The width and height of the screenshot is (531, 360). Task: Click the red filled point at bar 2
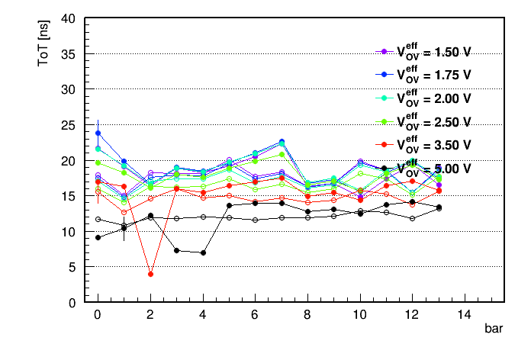click(151, 274)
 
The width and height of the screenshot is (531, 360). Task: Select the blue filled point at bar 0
click(98, 133)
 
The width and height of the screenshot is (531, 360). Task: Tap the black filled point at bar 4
click(203, 252)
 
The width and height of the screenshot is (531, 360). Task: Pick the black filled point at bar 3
click(176, 250)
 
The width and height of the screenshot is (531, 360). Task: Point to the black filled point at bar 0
click(98, 237)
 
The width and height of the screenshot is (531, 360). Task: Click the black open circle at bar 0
click(98, 219)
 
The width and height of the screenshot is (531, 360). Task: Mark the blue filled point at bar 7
click(282, 141)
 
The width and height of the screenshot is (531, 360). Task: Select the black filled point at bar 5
click(230, 205)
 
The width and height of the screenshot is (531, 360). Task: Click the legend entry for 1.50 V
click(423, 51)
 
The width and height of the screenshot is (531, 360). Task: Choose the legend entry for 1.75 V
click(423, 75)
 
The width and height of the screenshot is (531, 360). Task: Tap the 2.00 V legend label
click(434, 98)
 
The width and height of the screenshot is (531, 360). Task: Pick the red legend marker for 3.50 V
click(384, 145)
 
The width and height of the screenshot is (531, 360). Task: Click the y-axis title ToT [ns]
click(43, 43)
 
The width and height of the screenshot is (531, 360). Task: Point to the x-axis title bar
click(494, 328)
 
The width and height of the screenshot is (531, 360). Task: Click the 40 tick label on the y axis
click(68, 18)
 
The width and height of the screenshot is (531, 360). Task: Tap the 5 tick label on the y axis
click(72, 268)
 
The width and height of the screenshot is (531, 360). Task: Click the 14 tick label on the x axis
click(465, 315)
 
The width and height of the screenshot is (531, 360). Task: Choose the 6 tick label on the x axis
click(255, 315)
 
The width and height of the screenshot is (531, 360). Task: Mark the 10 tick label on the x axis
click(359, 315)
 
